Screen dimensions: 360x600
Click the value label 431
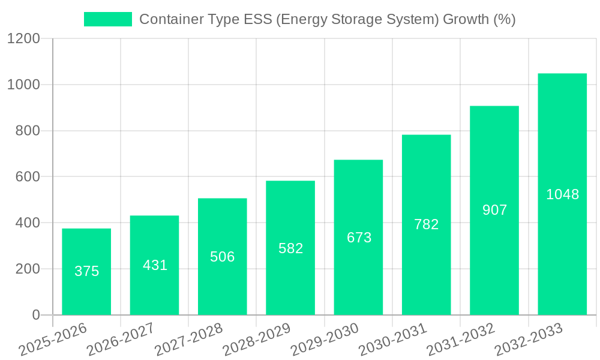tap(155, 265)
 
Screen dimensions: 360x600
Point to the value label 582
tap(290, 248)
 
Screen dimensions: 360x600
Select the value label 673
tap(359, 238)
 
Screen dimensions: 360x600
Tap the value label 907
tap(494, 210)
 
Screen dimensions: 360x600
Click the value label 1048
tap(562, 194)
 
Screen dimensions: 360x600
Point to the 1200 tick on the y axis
tap(23, 39)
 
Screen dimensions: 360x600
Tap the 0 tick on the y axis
tap(35, 315)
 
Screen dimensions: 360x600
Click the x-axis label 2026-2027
tap(120, 340)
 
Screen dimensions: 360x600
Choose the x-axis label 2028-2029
tap(256, 340)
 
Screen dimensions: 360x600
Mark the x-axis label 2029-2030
tap(324, 340)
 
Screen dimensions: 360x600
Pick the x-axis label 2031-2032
tap(460, 340)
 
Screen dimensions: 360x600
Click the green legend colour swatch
tap(108, 19)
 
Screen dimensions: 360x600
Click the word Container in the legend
tap(170, 19)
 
